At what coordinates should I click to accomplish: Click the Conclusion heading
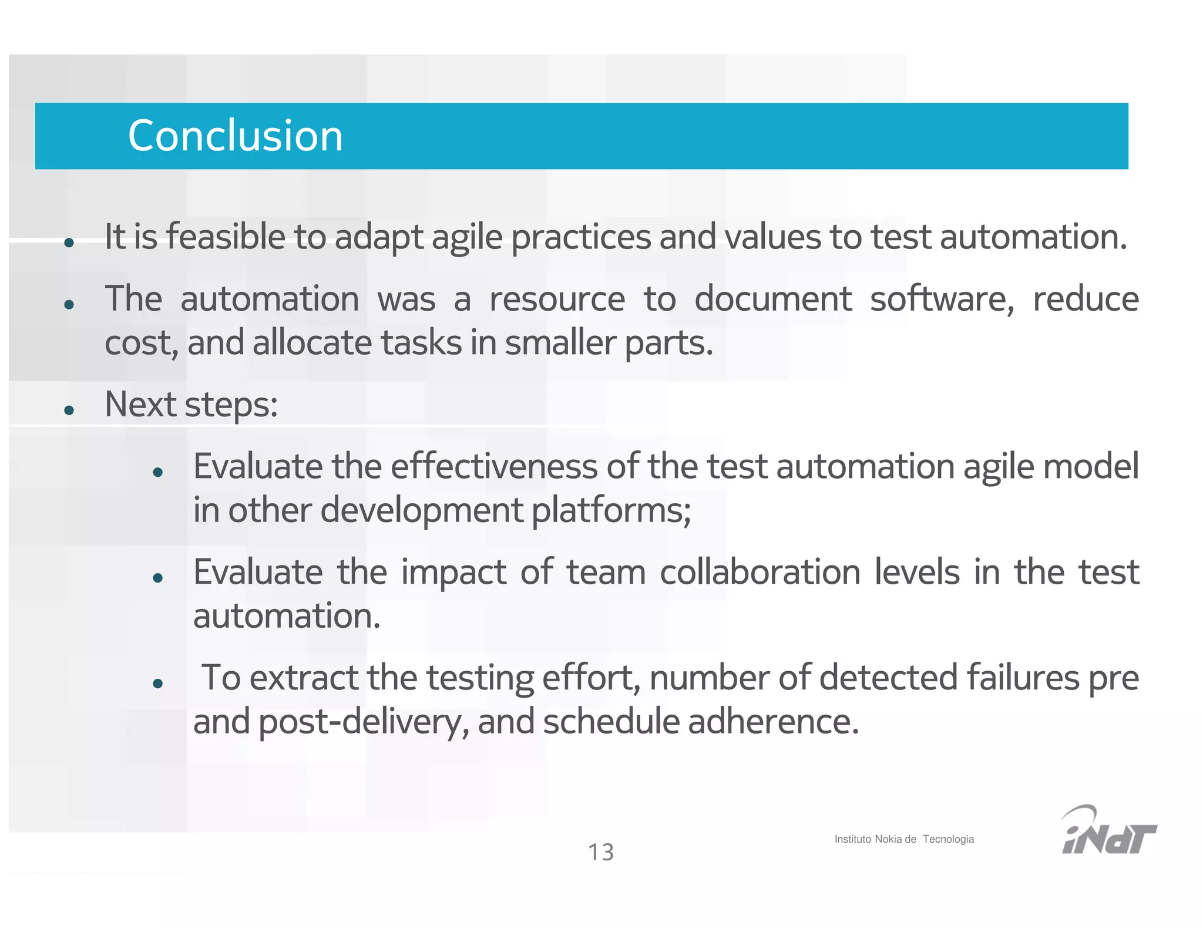(235, 136)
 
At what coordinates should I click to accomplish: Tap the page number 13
(600, 852)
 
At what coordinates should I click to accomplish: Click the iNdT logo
(1108, 831)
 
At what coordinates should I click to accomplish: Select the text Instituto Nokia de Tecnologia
(903, 839)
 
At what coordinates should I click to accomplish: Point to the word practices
(580, 238)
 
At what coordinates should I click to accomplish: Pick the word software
(942, 299)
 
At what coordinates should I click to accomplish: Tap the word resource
(557, 299)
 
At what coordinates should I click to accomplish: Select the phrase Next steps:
(191, 405)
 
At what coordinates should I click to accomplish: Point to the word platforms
(611, 510)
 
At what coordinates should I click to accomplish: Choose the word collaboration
(760, 572)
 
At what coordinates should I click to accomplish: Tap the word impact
(453, 573)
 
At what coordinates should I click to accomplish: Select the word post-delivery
(364, 722)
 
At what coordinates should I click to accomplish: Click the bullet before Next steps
(69, 409)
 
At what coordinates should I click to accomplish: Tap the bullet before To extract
(157, 683)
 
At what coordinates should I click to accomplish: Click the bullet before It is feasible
(69, 242)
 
